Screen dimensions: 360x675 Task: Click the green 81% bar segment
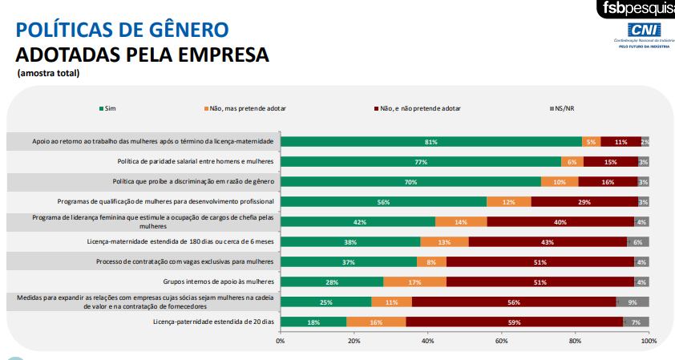pos(430,142)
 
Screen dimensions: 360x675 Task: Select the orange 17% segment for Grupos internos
pos(414,281)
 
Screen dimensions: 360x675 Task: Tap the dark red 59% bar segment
pos(514,322)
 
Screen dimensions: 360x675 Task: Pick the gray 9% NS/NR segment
pos(633,301)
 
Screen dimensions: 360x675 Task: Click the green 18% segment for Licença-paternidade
pos(313,322)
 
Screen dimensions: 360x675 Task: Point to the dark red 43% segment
pos(548,241)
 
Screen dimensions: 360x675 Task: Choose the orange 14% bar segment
pos(461,221)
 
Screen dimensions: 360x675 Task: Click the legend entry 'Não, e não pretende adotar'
pos(418,107)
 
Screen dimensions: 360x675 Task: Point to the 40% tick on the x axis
pos(428,341)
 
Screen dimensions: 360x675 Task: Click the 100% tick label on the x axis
pos(649,341)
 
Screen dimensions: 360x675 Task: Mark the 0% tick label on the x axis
pos(281,341)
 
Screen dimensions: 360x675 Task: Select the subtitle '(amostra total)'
pos(48,73)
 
